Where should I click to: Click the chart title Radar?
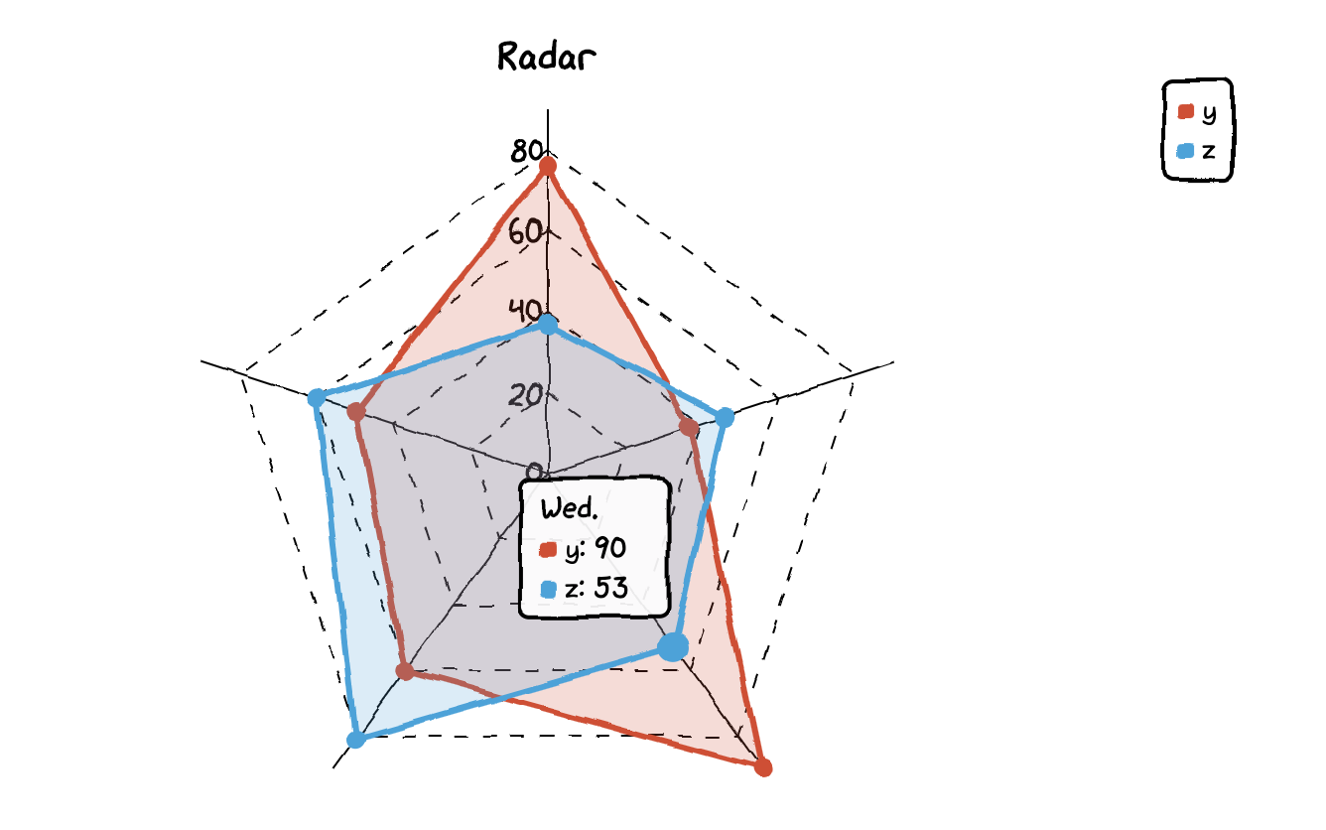click(x=546, y=57)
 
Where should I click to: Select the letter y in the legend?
click(x=1208, y=113)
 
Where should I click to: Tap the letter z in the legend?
click(x=1208, y=152)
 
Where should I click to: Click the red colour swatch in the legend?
click(x=1185, y=112)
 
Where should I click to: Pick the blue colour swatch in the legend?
click(x=1185, y=152)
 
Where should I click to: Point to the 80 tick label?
click(x=526, y=152)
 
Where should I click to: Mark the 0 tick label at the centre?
click(x=534, y=472)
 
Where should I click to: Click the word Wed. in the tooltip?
click(x=569, y=509)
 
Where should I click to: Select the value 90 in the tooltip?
click(x=609, y=549)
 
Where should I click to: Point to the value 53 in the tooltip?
click(x=610, y=588)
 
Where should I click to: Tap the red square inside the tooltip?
click(x=548, y=550)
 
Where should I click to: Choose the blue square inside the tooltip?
click(x=548, y=589)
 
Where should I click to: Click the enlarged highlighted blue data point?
click(x=673, y=647)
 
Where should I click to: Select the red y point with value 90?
click(x=763, y=767)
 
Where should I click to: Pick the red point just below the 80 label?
click(x=547, y=167)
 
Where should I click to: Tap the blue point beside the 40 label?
click(x=547, y=324)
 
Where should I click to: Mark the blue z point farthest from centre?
click(x=355, y=740)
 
